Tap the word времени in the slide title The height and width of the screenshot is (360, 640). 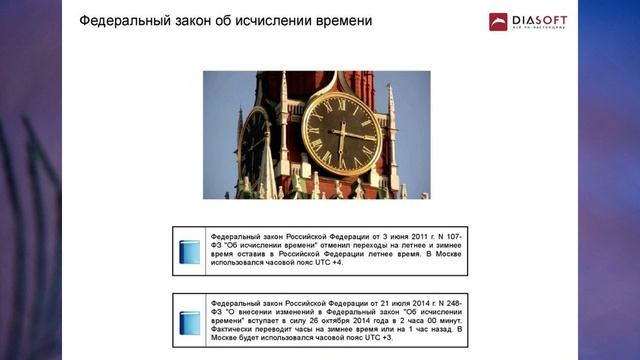[339, 20]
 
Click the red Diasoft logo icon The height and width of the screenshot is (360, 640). [498, 21]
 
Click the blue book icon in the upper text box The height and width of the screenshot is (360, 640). [190, 251]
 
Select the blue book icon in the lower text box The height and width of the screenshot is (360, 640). [190, 322]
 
